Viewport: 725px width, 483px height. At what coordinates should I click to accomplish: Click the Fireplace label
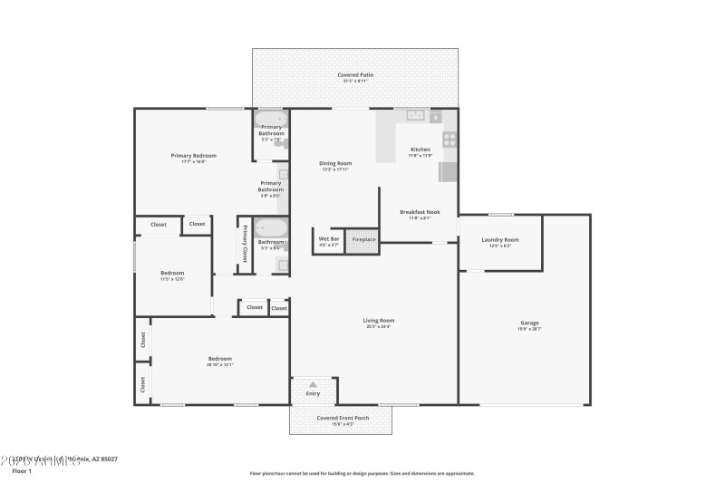pyautogui.click(x=363, y=240)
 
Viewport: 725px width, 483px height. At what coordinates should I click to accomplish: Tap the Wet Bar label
pyautogui.click(x=328, y=240)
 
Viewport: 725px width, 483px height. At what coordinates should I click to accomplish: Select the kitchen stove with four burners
pyautogui.click(x=448, y=140)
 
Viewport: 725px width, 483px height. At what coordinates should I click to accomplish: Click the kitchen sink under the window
pyautogui.click(x=417, y=115)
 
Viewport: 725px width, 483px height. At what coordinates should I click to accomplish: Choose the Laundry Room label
pyautogui.click(x=500, y=240)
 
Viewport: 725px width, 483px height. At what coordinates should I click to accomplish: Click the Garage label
pyautogui.click(x=530, y=323)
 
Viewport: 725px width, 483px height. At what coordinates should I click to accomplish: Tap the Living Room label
pyautogui.click(x=379, y=320)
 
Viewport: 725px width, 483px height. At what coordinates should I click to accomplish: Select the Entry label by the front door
pyautogui.click(x=314, y=393)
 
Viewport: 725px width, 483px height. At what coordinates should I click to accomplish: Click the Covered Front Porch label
pyautogui.click(x=341, y=418)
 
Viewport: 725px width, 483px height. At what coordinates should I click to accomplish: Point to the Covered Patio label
pyautogui.click(x=355, y=75)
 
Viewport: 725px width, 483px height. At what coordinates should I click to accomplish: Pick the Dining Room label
pyautogui.click(x=335, y=164)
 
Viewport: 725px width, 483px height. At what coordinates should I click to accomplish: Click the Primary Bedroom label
pyautogui.click(x=193, y=156)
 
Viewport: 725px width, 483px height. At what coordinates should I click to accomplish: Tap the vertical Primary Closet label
pyautogui.click(x=245, y=242)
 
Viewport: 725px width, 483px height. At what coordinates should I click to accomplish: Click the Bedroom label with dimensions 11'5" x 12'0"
pyautogui.click(x=172, y=273)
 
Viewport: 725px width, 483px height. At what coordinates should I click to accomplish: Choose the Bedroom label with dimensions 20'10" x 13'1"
pyautogui.click(x=219, y=359)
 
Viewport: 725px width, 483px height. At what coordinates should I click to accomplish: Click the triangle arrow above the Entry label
pyautogui.click(x=314, y=383)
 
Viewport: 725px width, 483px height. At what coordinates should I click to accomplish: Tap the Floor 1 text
pyautogui.click(x=22, y=471)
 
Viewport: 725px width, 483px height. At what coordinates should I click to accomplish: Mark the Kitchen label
pyautogui.click(x=420, y=149)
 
